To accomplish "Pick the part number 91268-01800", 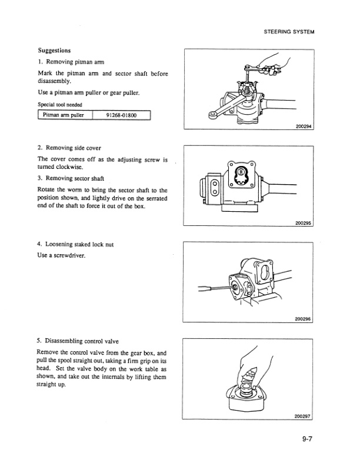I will tap(122, 115).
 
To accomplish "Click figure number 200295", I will tap(302, 222).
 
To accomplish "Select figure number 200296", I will tap(302, 319).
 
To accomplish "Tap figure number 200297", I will tap(302, 417).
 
